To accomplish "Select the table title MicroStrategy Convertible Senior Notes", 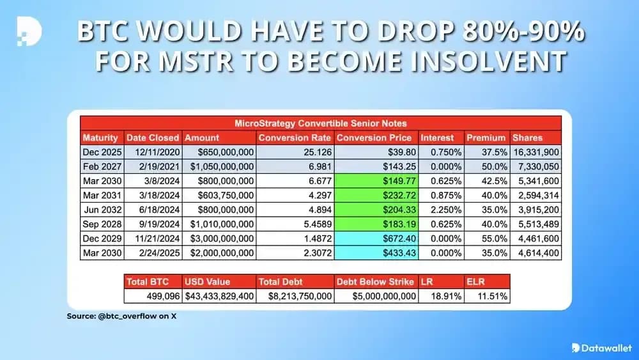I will click(320, 123).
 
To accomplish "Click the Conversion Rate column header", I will click(295, 137).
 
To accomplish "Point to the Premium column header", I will click(486, 137).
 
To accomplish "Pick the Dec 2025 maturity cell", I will click(100, 152).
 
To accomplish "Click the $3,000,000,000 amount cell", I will click(219, 238).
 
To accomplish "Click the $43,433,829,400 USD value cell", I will click(219, 296).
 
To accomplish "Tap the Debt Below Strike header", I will click(376, 281).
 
